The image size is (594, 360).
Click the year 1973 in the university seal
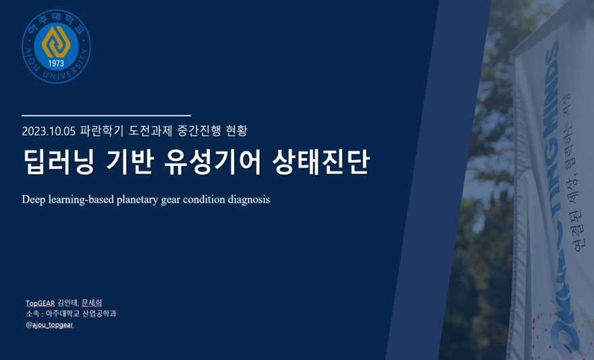pos(56,63)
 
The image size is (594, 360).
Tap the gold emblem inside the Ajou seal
pos(56,42)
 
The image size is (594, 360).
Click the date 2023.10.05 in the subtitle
pos(49,131)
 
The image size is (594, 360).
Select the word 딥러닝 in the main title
pos(58,162)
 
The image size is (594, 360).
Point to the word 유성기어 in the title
pos(213,162)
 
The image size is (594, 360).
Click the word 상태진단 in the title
pos(321,162)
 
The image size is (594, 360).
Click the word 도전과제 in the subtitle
pos(151,131)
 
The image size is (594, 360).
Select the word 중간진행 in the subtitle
pos(199,131)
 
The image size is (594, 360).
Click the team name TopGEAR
pos(40,303)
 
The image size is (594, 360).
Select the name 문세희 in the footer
pos(92,303)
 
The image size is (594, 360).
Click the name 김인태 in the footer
pos(68,303)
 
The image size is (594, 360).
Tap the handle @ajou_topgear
pos(50,325)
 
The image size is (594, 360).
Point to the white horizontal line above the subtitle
pos(106,115)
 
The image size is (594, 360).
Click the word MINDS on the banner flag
pos(551,90)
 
